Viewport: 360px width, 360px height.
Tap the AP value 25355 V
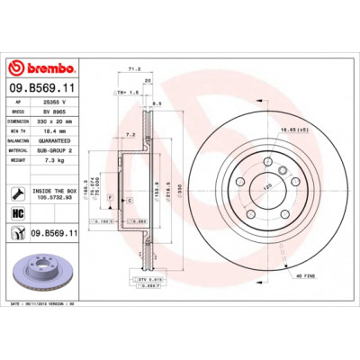pyautogui.click(x=67, y=104)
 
